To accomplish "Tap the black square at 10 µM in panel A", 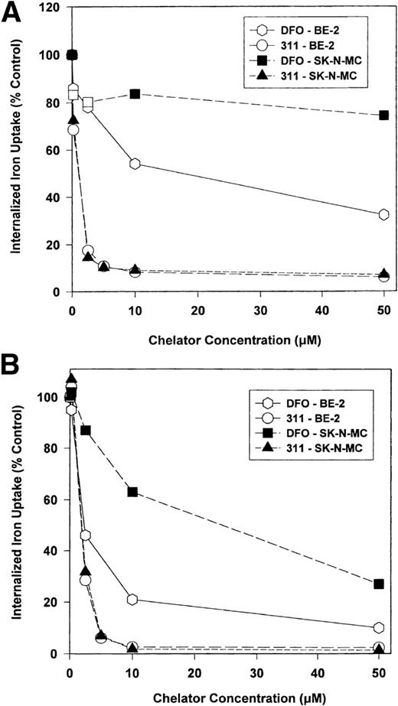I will (x=135, y=94).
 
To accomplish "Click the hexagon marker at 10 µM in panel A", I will (x=135, y=164).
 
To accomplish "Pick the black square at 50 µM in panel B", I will (x=378, y=584).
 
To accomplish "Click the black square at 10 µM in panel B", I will (x=132, y=492).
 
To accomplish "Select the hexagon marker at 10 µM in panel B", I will (x=132, y=600).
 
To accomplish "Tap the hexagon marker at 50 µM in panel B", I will (x=378, y=628).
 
